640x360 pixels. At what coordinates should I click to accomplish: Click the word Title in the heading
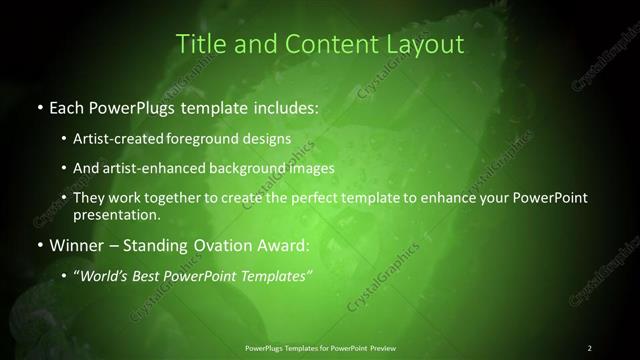[199, 44]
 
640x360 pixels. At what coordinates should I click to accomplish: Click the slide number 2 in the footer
[590, 347]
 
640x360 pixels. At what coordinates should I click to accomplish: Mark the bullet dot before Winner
[39, 245]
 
